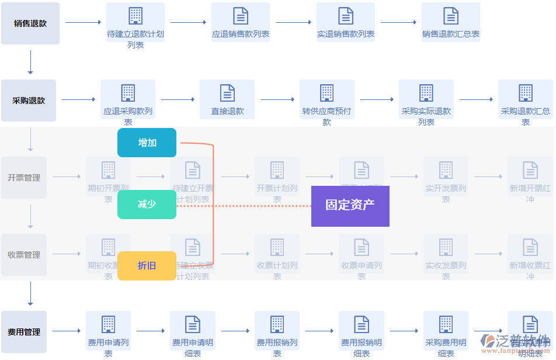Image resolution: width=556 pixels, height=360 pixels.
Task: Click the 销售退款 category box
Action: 30,23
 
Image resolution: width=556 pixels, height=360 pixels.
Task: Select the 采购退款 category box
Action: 29,101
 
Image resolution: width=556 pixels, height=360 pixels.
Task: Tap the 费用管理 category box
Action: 24,332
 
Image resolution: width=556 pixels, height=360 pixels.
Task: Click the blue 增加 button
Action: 147,143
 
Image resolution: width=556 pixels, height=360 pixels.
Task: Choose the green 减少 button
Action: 147,205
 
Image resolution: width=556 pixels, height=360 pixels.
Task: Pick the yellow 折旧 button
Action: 147,266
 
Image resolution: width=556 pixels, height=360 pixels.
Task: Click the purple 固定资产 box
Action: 350,206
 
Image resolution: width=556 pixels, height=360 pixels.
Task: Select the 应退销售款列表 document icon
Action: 241,16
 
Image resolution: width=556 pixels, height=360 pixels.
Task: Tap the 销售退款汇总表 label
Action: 451,34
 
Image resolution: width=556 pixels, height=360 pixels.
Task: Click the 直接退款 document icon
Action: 227,93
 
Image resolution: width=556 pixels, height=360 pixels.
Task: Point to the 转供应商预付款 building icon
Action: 327,93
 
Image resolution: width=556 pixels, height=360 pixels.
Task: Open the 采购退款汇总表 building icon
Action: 526,93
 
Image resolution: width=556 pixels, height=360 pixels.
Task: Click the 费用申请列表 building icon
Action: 108,324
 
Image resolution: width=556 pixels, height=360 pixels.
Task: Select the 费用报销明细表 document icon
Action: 362,324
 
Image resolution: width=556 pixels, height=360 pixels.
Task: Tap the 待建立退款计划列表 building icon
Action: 135,16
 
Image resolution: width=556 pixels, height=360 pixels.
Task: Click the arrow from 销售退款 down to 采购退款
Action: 30,62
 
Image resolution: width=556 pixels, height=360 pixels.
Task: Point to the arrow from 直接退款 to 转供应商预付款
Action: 277,100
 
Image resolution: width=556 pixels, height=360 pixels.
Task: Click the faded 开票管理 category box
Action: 24,178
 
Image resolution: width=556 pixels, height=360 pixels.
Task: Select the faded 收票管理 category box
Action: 24,255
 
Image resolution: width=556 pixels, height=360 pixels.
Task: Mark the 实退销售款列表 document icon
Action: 346,16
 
